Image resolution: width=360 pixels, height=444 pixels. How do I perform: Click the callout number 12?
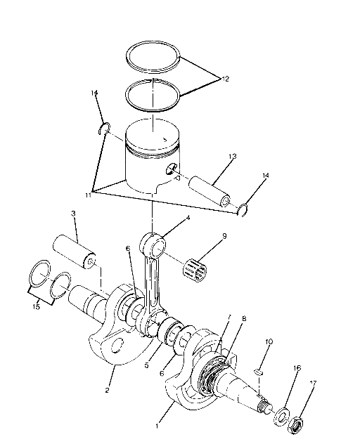pos(224,79)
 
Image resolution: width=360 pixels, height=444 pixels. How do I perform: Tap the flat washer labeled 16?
pos(284,414)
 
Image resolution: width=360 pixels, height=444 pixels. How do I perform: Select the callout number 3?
pos(72,213)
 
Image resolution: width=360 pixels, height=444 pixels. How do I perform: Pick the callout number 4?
pos(187,218)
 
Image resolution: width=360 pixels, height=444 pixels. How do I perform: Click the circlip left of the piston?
pos(103,128)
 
